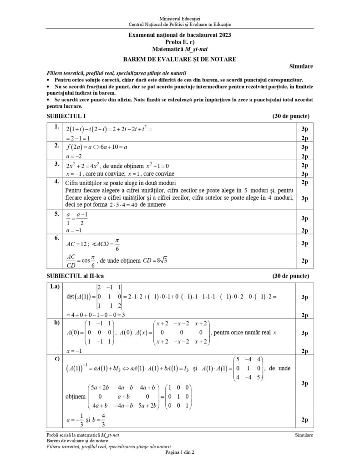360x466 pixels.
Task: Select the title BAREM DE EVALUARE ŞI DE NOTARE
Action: click(x=180, y=59)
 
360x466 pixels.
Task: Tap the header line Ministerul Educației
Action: click(x=180, y=17)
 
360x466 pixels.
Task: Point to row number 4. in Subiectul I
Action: click(x=57, y=182)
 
